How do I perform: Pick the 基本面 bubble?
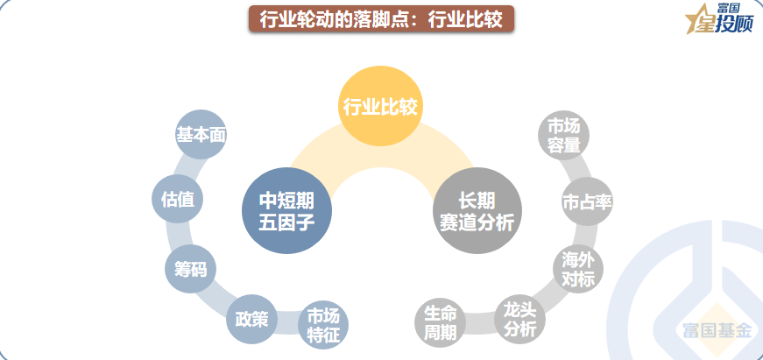201,135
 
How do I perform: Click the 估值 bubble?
178,200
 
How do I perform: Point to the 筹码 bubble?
190,268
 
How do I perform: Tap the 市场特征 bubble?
323,325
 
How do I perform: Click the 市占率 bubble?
586,202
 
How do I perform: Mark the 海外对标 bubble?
578,269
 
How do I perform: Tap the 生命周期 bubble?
440,324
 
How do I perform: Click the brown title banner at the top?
380,19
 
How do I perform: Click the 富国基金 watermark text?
717,331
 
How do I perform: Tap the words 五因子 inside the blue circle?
286,222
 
